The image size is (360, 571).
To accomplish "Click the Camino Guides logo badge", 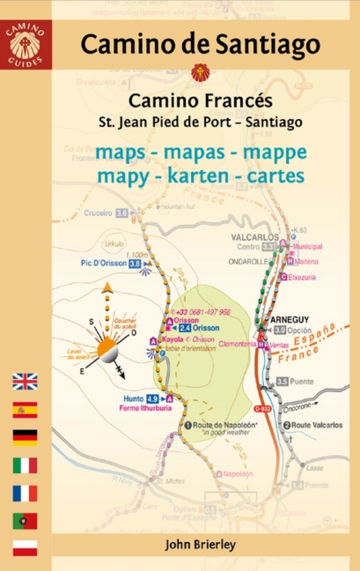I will click(25, 44).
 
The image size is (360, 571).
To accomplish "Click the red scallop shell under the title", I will click(200, 73).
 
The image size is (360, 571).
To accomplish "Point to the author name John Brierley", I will click(200, 544).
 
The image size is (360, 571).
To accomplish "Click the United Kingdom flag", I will click(25, 381).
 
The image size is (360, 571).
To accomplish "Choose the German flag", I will click(25, 437).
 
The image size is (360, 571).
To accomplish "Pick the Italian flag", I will click(25, 465).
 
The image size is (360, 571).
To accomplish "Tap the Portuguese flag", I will click(25, 521).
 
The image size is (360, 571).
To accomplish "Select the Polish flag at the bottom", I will click(25, 548).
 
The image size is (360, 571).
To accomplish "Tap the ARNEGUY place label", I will click(290, 320).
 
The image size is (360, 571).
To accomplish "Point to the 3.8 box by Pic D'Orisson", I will click(135, 264).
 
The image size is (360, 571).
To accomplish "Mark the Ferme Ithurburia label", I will click(145, 408).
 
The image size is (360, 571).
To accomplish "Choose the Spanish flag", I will click(25, 409).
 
